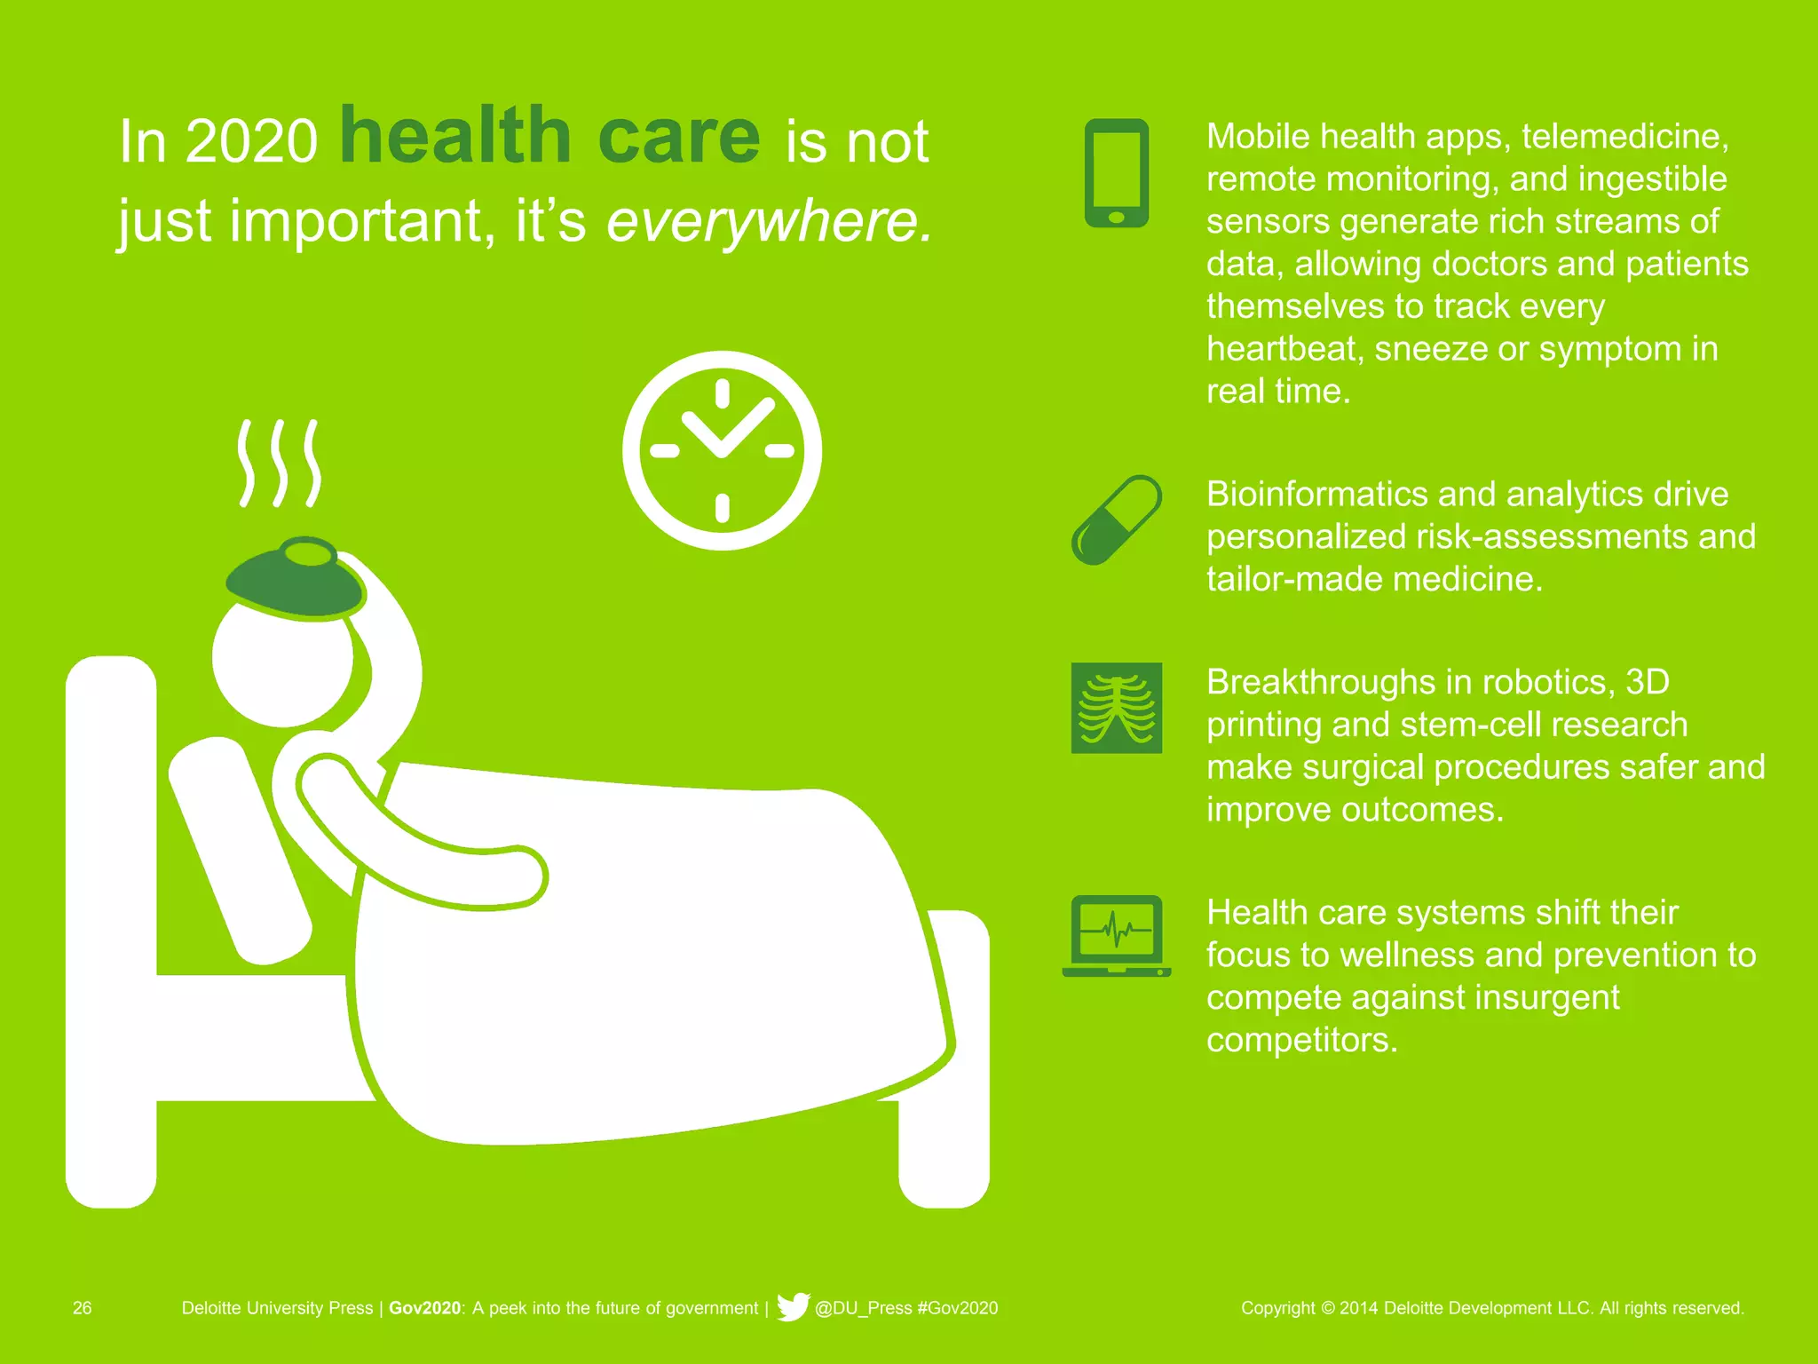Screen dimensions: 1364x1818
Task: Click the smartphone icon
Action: [x=1117, y=173]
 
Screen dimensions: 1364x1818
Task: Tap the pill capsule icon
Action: [x=1117, y=520]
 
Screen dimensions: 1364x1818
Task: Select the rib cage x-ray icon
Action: [x=1117, y=708]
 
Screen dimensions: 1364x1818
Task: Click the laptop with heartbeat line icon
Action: [x=1117, y=936]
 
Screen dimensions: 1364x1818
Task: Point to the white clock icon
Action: [x=722, y=450]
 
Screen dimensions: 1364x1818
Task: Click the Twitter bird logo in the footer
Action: [x=792, y=1307]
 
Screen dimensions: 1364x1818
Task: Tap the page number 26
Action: [x=82, y=1308]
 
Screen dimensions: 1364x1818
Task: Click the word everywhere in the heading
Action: [x=769, y=220]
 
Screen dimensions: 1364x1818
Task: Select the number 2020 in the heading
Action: [x=251, y=141]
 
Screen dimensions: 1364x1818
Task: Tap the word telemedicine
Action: [x=1624, y=137]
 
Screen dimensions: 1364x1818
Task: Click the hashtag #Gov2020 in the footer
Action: [x=957, y=1308]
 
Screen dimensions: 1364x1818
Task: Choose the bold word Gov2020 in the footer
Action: [x=425, y=1308]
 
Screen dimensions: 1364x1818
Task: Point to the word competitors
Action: [x=1300, y=1040]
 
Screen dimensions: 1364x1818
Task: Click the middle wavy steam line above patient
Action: [x=280, y=463]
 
